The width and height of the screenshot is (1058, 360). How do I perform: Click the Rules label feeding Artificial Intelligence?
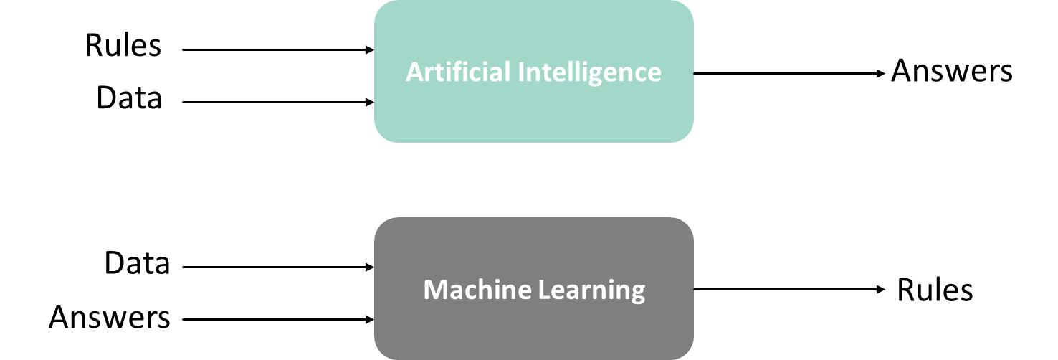coord(123,46)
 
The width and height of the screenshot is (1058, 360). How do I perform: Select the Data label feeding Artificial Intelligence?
coord(129,98)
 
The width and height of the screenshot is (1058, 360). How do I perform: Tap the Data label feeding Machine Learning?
coord(137,263)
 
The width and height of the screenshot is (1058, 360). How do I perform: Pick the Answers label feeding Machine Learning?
coord(110,316)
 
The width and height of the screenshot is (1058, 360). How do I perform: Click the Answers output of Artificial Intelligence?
coord(951,71)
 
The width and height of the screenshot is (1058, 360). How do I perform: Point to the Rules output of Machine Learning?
coord(935,290)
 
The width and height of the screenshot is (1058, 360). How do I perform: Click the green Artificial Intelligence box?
coord(533,115)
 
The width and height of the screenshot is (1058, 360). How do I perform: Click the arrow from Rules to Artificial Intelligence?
coord(278,49)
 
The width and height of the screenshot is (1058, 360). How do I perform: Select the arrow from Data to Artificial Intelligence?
coord(278,102)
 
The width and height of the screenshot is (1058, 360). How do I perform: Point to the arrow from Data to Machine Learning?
coord(278,267)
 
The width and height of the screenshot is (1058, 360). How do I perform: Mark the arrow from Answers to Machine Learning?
coord(278,319)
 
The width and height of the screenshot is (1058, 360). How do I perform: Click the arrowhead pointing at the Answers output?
coord(882,73)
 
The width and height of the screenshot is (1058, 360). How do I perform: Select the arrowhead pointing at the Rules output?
coord(882,289)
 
